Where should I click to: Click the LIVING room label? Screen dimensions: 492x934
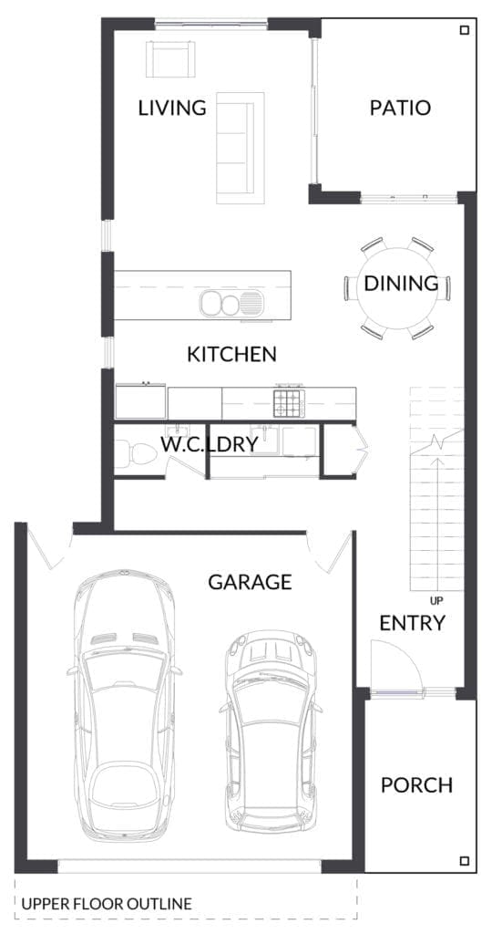(x=172, y=109)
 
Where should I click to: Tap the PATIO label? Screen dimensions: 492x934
(x=400, y=109)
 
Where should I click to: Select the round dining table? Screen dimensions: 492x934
(x=397, y=287)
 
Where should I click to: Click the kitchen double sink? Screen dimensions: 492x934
(x=231, y=303)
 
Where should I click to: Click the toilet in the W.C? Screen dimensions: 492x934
(x=135, y=453)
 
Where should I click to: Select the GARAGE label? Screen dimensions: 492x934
(x=250, y=582)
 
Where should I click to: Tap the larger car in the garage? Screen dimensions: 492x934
(x=124, y=705)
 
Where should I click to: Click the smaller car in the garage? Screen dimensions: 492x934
(x=271, y=732)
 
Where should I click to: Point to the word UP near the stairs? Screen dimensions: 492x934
(x=436, y=600)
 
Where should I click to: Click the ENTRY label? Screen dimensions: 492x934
(x=413, y=623)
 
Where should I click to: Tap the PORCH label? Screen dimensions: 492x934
(x=416, y=785)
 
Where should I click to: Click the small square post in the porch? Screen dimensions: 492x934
(x=465, y=861)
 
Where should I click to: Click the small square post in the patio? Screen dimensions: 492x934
(x=465, y=30)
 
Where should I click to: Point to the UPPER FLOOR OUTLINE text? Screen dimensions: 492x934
(x=107, y=904)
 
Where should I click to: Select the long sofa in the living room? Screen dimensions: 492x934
(x=240, y=148)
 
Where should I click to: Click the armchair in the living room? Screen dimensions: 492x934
(x=170, y=59)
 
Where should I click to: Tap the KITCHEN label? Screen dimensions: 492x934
(x=232, y=355)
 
